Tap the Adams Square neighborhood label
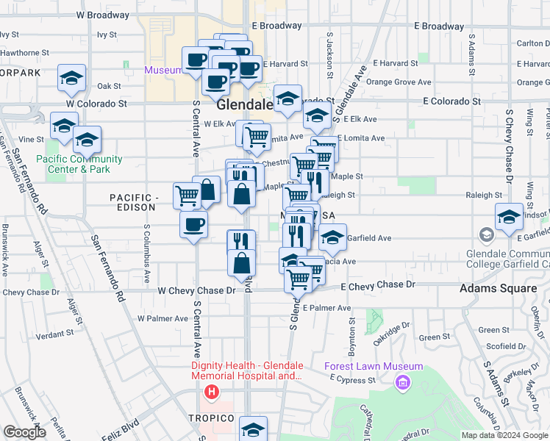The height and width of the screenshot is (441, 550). (498, 288)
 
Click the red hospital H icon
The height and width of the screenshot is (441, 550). (212, 392)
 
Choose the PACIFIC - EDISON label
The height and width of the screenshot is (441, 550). (135, 204)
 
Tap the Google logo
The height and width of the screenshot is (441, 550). (24, 432)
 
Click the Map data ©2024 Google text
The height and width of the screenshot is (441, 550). (504, 435)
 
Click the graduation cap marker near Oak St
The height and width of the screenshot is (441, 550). (72, 78)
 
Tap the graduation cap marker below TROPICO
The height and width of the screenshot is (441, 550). (254, 429)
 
